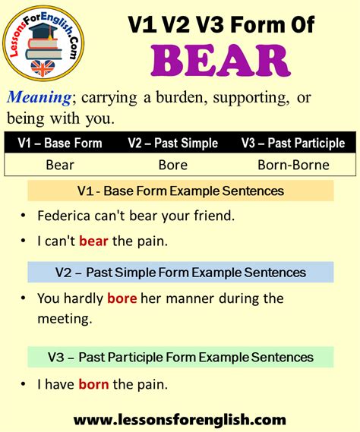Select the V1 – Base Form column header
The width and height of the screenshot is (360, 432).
pos(59,143)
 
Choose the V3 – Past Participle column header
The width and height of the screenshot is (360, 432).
pos(293,143)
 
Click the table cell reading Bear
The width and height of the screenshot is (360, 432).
pos(59,164)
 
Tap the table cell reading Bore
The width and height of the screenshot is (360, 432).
pos(172,164)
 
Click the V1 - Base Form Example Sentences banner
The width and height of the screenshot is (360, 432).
pos(181,191)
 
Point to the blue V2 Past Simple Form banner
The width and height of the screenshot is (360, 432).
pos(181,272)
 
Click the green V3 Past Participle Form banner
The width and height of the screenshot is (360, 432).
pos(181,357)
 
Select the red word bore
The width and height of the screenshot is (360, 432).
pos(122,298)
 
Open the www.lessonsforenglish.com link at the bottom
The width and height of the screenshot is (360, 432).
pos(180,418)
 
